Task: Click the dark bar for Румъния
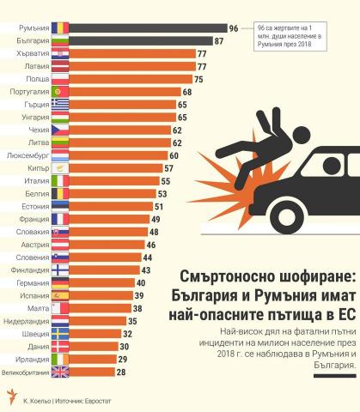(148, 28)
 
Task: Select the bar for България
(141, 41)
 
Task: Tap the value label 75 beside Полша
(198, 79)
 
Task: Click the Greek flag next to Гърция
(60, 105)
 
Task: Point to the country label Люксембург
(28, 156)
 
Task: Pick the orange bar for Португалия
(125, 92)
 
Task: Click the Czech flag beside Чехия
(60, 130)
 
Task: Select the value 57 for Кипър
(168, 168)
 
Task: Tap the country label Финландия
(30, 270)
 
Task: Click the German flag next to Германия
(60, 283)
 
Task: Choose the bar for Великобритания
(92, 372)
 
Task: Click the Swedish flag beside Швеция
(60, 334)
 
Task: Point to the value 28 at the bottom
(121, 373)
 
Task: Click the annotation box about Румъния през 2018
(290, 36)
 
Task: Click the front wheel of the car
(287, 216)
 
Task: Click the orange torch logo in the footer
(11, 397)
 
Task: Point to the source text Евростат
(98, 401)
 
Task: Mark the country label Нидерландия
(27, 321)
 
